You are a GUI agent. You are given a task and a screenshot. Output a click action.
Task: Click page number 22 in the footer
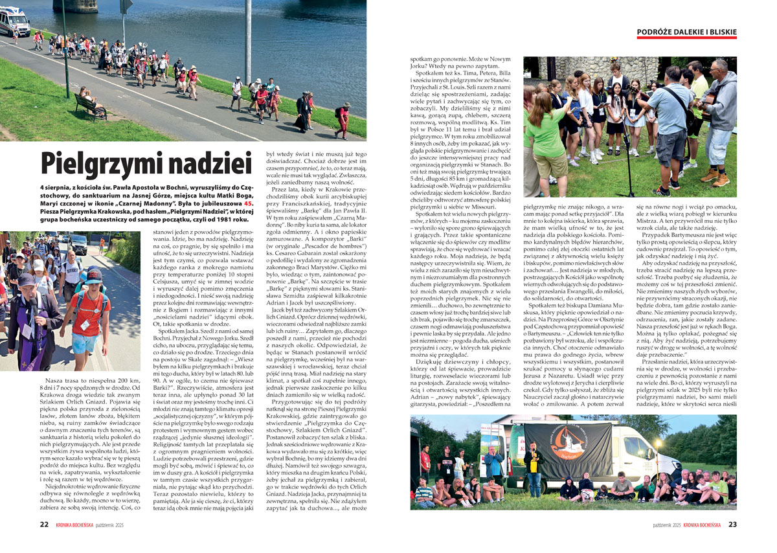[44, 525]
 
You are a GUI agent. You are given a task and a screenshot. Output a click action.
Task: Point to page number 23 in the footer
[732, 525]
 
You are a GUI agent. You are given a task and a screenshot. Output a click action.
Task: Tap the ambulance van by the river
[14, 21]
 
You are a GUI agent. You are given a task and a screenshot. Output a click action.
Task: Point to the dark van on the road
[78, 244]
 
